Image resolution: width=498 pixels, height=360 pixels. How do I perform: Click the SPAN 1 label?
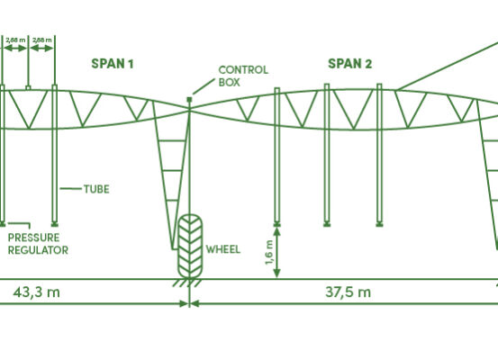point(113,64)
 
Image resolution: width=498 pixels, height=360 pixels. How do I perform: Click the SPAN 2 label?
point(349,64)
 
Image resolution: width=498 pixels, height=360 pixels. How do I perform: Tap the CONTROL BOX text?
point(243,76)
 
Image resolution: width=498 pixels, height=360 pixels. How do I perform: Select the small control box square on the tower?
point(190,100)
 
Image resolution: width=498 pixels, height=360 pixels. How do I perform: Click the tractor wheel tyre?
point(190,247)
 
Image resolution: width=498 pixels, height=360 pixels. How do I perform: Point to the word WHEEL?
point(223,249)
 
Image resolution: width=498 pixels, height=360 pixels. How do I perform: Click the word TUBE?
point(96,189)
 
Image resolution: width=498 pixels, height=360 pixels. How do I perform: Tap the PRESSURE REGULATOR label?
point(38,244)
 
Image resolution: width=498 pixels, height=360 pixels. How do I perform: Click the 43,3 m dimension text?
point(37,292)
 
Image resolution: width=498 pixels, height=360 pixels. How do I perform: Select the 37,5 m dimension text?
point(349,292)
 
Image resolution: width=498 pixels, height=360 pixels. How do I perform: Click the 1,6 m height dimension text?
point(269,252)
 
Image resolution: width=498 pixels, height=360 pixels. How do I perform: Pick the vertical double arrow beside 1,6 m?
point(277,253)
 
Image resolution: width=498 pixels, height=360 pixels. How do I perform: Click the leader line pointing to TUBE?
point(71,189)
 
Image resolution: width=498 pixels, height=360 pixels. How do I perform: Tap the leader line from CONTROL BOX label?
point(204,86)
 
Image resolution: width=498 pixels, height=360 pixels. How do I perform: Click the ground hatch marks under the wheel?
point(187,283)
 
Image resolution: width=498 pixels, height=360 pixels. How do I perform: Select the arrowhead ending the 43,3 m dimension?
point(184,304)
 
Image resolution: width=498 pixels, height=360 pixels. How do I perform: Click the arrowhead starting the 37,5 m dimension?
point(195,304)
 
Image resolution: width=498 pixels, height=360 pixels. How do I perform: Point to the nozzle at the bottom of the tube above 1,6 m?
point(277,224)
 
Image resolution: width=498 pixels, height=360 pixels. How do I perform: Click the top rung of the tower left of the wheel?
point(172,140)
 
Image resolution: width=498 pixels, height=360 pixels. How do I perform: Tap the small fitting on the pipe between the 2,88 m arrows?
point(28,87)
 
